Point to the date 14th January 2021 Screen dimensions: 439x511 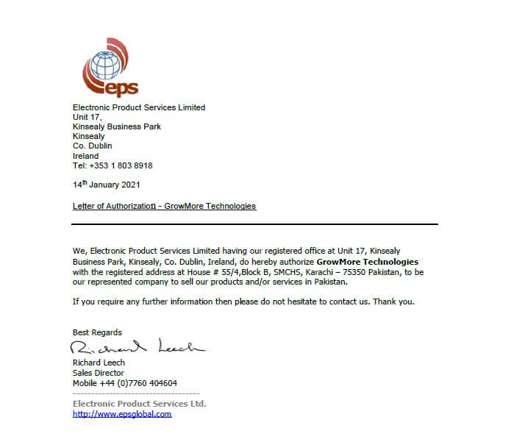click(106, 185)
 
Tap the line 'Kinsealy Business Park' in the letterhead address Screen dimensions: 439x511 click(117, 126)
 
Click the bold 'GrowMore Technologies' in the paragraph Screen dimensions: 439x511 click(367, 262)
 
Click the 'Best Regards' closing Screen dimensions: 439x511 click(97, 332)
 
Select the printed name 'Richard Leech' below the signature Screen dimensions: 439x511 click(99, 363)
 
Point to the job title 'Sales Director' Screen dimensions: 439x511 click(98, 373)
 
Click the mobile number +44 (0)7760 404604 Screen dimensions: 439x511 click(124, 383)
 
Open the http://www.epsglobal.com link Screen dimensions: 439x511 click(122, 414)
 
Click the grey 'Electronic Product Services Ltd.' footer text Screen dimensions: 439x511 click(139, 404)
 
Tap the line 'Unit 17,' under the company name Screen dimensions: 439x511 click(87, 117)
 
